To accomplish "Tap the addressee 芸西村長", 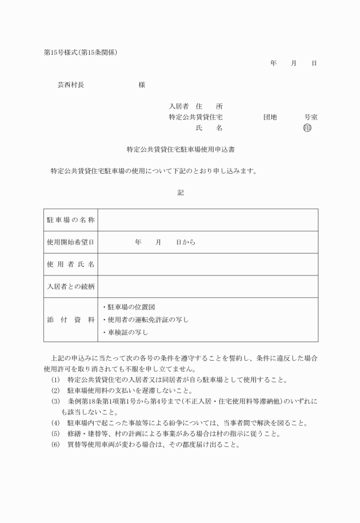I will coord(70,85).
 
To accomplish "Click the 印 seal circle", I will coord(308,127).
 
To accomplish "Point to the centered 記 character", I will coord(181,193).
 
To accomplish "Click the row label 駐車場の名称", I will coord(70,220).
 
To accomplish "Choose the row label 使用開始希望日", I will coord(70,242).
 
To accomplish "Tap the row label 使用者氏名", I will coord(70,265).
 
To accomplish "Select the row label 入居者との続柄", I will coord(70,286).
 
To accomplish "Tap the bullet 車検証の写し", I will coord(125,332).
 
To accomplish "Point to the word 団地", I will coord(270,117).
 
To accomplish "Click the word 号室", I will coord(311,117).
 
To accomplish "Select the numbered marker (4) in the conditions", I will coord(55,424).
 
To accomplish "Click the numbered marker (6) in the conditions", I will coord(55,445).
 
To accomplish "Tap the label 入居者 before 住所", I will coord(178,106).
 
